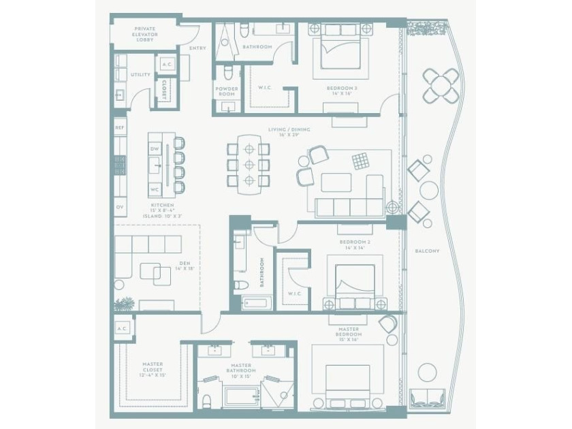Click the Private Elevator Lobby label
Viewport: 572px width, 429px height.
coord(144,34)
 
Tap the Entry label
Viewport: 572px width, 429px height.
coord(197,48)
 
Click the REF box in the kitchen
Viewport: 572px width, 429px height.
coord(120,127)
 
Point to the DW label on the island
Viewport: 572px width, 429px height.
coord(155,148)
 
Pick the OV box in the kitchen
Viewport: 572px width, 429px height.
coord(120,206)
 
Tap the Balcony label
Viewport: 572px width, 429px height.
coord(427,251)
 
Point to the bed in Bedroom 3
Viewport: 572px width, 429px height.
coord(340,51)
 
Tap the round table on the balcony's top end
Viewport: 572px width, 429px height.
coord(441,85)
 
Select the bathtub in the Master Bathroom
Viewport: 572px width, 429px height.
coord(241,396)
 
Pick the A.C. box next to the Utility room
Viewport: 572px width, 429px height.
coord(167,65)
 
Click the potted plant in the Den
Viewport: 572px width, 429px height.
coord(125,304)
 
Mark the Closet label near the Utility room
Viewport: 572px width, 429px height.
coord(164,90)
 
